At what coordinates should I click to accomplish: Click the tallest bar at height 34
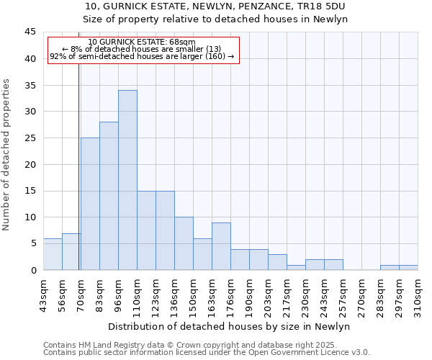(127, 180)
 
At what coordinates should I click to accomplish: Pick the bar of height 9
(221, 246)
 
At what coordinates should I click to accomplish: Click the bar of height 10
(184, 243)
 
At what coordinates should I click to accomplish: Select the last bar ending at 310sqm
(408, 268)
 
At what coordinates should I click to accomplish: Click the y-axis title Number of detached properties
(7, 155)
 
